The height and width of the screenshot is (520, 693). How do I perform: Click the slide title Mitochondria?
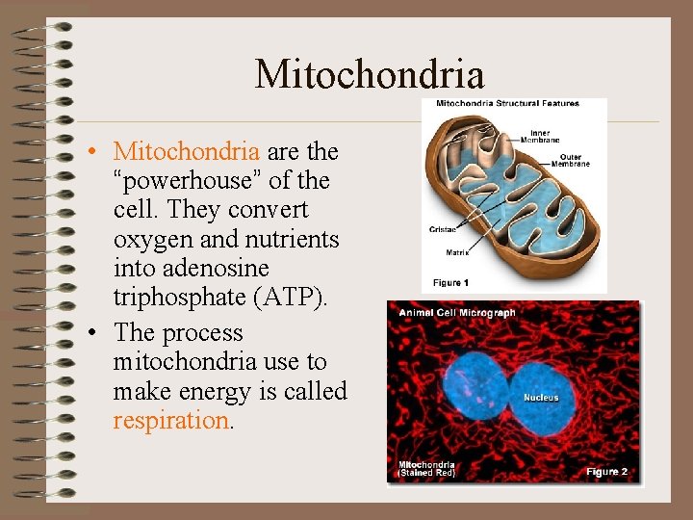369,74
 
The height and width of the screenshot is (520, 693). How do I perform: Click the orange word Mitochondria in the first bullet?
186,152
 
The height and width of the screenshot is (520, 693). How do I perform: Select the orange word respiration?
170,421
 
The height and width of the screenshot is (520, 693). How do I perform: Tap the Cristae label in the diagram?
444,230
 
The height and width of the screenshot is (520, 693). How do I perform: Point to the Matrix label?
457,253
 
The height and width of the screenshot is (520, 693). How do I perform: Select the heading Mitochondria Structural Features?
507,104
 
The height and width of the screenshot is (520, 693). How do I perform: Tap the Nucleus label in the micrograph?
541,398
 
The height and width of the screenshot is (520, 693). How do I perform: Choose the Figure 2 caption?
607,472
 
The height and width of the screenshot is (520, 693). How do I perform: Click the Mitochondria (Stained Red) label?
426,469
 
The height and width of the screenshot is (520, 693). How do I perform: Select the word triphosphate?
179,298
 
